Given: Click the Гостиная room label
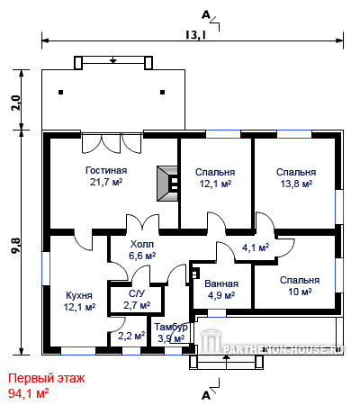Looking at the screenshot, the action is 106,170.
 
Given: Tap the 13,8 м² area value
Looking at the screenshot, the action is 296,184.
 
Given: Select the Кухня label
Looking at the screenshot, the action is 79,295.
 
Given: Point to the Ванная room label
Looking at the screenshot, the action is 221,283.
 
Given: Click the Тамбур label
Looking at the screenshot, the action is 171,327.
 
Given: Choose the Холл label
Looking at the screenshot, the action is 142,244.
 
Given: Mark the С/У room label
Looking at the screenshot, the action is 137,293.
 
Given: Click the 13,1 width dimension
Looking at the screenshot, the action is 195,35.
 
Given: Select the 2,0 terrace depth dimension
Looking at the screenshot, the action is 16,103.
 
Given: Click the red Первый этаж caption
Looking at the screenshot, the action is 47,378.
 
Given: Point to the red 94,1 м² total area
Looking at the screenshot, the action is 29,393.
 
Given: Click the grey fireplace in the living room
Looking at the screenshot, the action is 167,184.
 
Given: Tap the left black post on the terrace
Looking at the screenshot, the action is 61,93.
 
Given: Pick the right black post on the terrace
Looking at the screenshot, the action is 163,93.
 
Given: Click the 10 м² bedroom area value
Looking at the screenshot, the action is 300,292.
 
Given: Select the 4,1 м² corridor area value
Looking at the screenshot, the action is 256,247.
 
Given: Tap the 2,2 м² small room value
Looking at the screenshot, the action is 131,336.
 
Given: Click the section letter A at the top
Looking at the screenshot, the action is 206,14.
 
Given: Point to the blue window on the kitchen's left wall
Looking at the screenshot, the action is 46,268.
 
